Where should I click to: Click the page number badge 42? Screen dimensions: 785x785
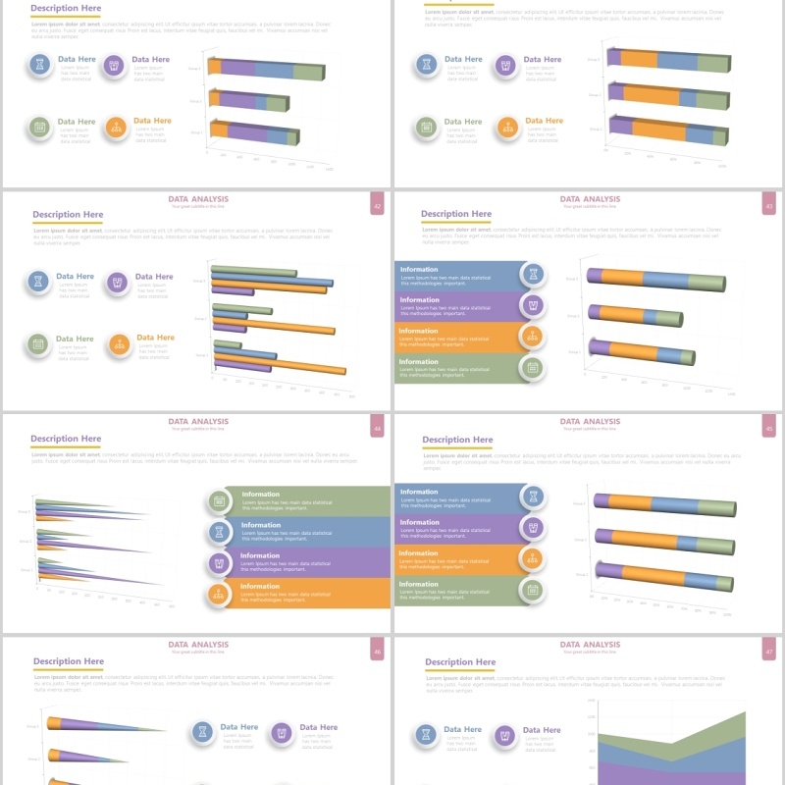point(377,204)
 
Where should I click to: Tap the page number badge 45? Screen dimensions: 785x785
point(769,427)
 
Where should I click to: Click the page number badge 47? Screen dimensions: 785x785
point(769,650)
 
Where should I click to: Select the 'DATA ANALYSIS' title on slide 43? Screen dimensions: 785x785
point(590,199)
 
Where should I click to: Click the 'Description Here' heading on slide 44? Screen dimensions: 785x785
point(66,439)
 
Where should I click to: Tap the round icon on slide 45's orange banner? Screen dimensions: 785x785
point(533,559)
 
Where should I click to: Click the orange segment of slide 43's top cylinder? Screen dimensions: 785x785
point(621,278)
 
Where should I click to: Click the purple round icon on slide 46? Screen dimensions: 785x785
point(282,732)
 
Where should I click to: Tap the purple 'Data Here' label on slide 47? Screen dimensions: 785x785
point(541,730)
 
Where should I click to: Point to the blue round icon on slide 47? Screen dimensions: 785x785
point(427,735)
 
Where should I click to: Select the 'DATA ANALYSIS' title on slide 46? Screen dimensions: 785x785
point(197,645)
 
